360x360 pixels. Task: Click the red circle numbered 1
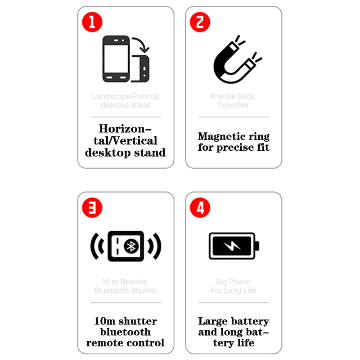click(x=92, y=22)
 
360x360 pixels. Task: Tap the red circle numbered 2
click(x=200, y=22)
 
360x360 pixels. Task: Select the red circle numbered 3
click(x=92, y=207)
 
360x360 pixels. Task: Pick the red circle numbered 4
click(x=200, y=207)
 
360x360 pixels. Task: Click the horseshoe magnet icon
click(x=220, y=73)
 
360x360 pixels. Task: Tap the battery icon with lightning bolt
click(x=234, y=246)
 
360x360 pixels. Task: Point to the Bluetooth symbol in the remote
click(x=131, y=246)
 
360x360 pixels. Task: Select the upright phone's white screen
click(x=116, y=59)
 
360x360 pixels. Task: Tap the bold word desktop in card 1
click(x=108, y=153)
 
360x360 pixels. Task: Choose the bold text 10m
click(x=105, y=321)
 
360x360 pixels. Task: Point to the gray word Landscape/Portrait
click(x=126, y=96)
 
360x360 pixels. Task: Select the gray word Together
click(x=234, y=105)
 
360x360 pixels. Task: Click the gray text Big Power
click(x=234, y=282)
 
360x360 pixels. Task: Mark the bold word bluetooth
click(x=126, y=332)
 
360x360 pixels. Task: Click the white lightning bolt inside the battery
click(x=232, y=246)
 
